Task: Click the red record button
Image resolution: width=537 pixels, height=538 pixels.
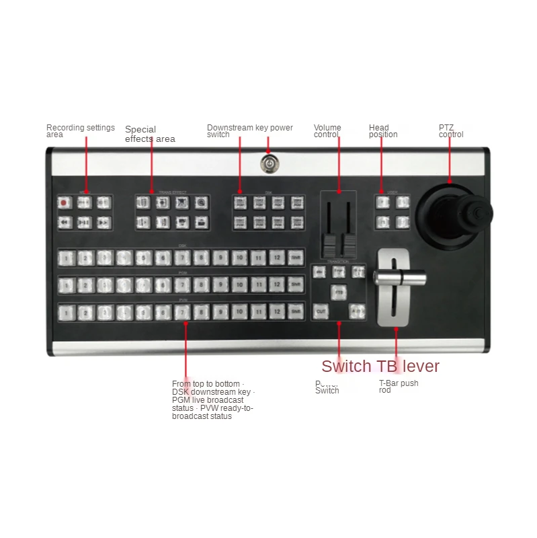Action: (x=64, y=202)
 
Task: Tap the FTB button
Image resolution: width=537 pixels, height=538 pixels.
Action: (x=339, y=293)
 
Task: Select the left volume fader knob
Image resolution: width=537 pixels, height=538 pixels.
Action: (x=330, y=245)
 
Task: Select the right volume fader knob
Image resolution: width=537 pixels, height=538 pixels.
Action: (x=348, y=245)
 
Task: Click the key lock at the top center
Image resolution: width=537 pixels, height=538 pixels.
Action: (x=267, y=163)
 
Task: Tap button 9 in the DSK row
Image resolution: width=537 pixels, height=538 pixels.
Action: (x=220, y=257)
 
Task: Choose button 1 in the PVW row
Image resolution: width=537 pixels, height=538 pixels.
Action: (x=66, y=312)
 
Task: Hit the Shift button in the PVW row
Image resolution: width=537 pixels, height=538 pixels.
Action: (x=295, y=312)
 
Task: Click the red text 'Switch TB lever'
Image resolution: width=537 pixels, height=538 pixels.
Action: (x=380, y=367)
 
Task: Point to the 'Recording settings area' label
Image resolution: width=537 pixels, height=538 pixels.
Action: (x=80, y=131)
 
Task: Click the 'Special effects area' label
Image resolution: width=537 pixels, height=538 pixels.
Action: (x=150, y=134)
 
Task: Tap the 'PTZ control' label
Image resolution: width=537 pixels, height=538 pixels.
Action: (x=451, y=130)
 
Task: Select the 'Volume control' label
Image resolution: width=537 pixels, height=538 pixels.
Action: (x=327, y=130)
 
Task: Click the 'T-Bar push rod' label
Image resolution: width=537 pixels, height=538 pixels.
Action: (x=399, y=386)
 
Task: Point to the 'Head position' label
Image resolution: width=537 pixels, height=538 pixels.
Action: (x=383, y=130)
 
